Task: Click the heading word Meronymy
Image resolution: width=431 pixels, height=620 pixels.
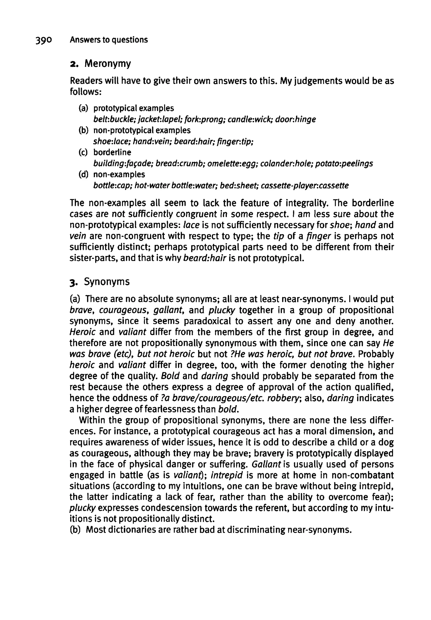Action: (x=108, y=64)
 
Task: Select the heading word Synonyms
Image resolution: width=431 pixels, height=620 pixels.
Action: (x=107, y=282)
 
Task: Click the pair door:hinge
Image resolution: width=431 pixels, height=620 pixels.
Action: (x=295, y=119)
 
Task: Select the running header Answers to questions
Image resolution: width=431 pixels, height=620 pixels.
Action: (x=109, y=40)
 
